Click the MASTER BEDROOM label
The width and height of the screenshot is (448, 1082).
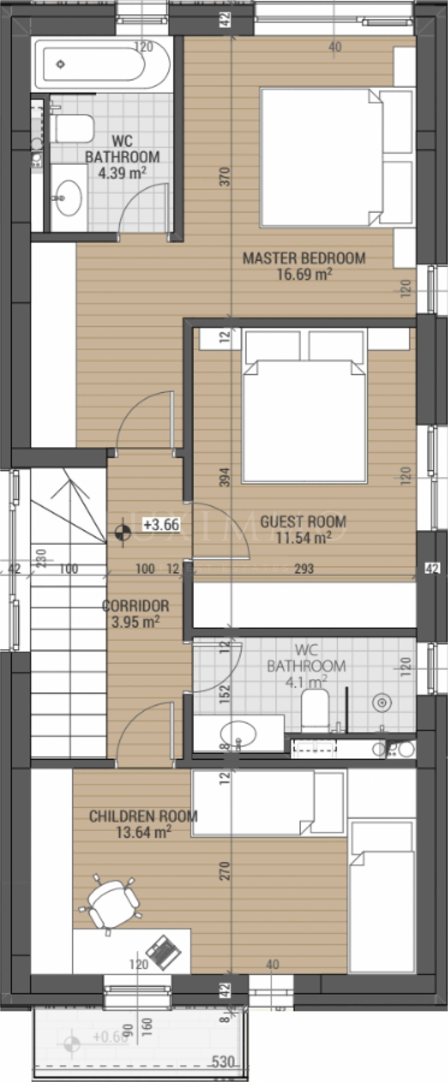304,258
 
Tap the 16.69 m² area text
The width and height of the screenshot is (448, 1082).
305,274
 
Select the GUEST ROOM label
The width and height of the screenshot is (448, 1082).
303,522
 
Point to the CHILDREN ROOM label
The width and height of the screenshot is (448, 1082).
143,816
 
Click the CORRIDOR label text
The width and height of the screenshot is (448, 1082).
136,606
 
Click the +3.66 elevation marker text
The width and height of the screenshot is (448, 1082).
161,524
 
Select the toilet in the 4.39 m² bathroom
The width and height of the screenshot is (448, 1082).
73,128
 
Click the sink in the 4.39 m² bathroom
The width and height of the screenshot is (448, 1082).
69,197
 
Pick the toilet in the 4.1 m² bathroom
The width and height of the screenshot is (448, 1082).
315,708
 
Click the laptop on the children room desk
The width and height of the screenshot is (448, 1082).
164,953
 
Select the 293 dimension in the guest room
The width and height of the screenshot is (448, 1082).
304,569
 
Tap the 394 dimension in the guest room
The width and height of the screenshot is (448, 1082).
225,477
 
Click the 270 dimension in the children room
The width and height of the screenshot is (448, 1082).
225,870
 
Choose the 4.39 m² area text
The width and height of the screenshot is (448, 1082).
122,172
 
